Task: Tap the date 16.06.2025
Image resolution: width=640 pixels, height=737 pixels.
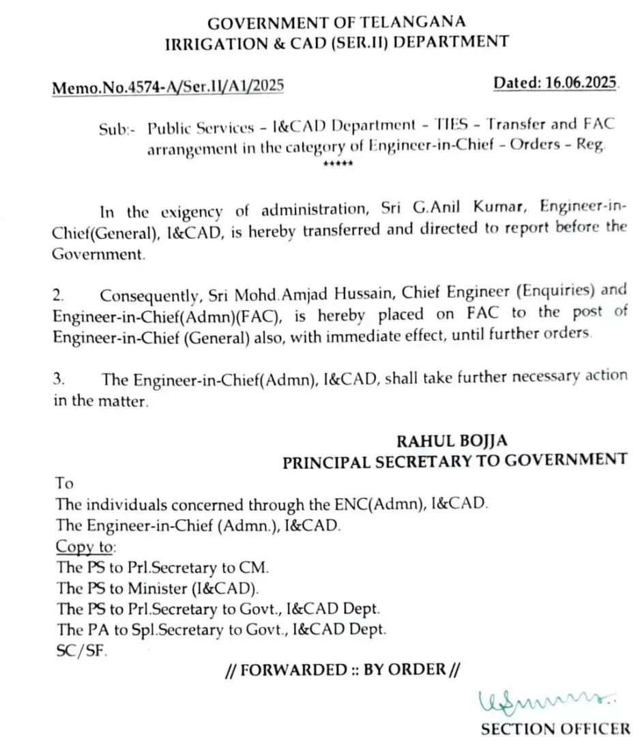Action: point(581,83)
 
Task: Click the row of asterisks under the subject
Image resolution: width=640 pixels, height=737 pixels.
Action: point(337,164)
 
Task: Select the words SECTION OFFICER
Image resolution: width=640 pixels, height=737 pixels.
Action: point(555,727)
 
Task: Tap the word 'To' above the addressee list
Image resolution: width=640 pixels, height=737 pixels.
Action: point(64,483)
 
